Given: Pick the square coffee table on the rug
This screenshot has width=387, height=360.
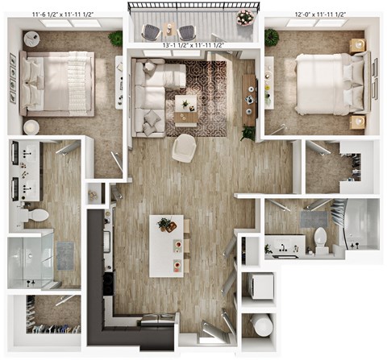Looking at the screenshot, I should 186,104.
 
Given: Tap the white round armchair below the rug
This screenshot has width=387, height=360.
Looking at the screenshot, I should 184,147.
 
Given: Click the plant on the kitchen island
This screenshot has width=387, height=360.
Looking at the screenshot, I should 165,225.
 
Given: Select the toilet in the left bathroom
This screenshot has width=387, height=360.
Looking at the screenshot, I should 34,215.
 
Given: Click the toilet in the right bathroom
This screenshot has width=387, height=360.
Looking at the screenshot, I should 320,238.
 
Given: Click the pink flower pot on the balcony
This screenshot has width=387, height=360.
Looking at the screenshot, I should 244,17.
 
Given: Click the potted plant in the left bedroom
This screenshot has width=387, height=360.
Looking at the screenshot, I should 116,37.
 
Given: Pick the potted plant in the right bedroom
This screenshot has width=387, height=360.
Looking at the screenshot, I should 272,36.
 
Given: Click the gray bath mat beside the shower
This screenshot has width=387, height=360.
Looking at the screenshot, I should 65,254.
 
